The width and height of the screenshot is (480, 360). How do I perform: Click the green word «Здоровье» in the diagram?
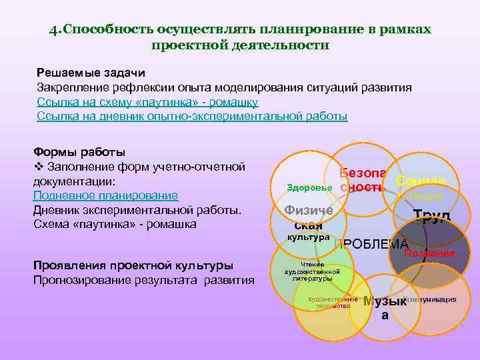(309, 188)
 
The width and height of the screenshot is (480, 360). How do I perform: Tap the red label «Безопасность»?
(361, 180)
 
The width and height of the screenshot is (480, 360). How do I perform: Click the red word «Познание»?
(429, 253)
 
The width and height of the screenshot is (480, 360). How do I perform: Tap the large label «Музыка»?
(385, 307)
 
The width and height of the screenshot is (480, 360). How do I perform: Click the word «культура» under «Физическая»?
(308, 237)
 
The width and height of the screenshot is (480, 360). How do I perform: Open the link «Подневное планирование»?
(105, 195)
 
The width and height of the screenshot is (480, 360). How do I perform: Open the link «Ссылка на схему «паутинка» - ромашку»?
(147, 102)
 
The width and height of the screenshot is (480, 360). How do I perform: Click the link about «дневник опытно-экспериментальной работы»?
(192, 116)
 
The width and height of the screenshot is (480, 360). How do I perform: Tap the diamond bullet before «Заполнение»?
(37, 167)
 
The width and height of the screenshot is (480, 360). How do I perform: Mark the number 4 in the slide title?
(53, 31)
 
